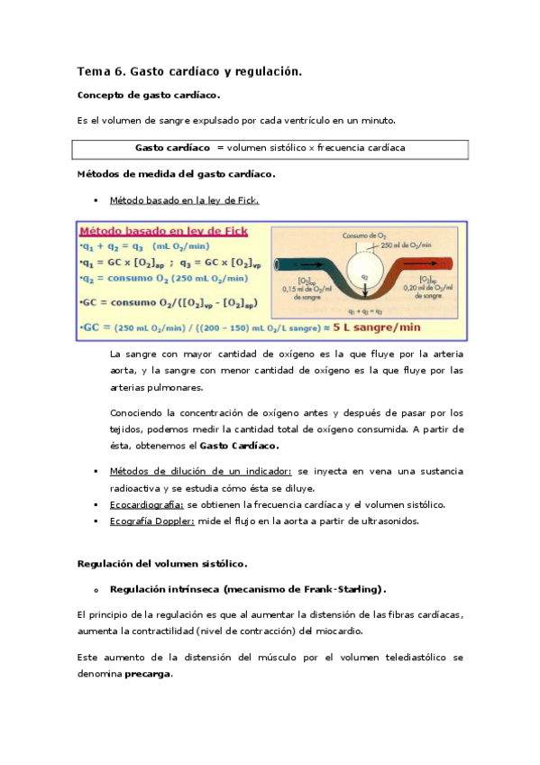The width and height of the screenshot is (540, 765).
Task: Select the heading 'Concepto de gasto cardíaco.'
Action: click(x=149, y=95)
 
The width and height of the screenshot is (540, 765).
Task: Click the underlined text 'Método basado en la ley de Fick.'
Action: click(x=184, y=200)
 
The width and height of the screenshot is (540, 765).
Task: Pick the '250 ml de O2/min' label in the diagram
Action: click(x=408, y=245)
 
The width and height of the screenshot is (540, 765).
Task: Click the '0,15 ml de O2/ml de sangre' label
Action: click(x=304, y=290)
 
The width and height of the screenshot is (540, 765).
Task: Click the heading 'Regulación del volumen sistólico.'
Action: click(x=162, y=564)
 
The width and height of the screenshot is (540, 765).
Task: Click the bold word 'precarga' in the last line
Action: click(x=147, y=675)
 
